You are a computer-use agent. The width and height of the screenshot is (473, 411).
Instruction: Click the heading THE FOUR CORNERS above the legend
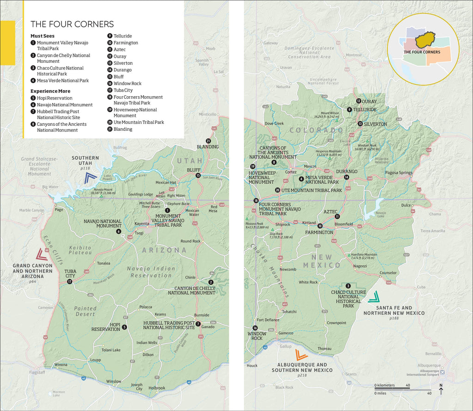click(72, 24)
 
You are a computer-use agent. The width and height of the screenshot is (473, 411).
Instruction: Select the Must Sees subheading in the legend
click(42, 36)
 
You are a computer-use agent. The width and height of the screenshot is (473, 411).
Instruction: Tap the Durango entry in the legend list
click(122, 70)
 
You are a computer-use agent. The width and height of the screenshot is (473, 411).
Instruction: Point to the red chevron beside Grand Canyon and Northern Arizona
click(40, 254)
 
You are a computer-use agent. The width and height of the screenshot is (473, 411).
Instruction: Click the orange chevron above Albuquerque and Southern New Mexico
click(302, 355)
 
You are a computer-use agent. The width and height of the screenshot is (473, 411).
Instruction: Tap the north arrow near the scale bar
click(441, 390)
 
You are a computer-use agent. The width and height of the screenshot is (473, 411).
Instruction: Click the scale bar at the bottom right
click(403, 389)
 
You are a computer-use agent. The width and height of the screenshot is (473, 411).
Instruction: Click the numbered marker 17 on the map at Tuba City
click(70, 282)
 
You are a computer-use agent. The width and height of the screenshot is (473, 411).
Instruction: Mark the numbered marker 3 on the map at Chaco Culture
click(348, 286)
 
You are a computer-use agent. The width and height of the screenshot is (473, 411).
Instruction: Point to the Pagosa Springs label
click(399, 172)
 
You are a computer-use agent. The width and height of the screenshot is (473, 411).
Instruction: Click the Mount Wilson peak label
click(330, 113)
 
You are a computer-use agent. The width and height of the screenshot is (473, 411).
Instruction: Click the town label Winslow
click(114, 381)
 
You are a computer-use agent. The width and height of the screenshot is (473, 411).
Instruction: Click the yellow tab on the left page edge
click(7, 43)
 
